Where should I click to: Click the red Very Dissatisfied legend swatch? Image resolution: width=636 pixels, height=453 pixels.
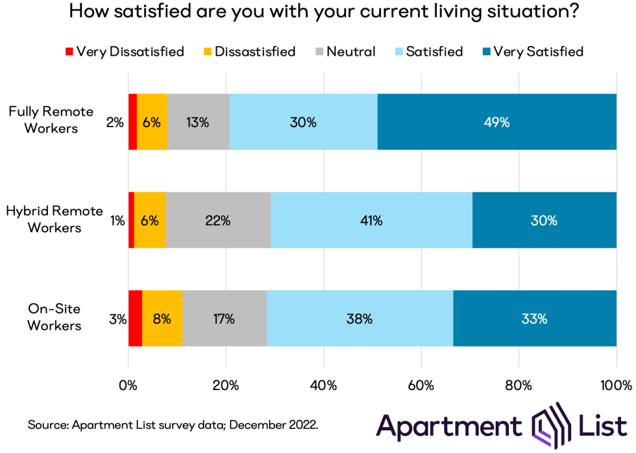coord(68,51)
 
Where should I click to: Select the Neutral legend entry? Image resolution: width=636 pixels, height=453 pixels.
coord(344,51)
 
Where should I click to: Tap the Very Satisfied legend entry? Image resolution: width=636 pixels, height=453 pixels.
coord(532,51)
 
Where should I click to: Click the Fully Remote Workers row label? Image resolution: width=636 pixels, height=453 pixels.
coord(51,120)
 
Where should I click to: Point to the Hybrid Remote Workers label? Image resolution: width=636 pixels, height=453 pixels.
coord(55,219)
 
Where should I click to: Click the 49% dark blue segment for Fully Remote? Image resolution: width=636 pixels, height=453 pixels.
coord(496,122)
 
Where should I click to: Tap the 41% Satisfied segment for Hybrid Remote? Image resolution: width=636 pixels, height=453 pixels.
coord(371,221)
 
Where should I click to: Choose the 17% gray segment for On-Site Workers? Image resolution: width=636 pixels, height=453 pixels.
coord(225,319)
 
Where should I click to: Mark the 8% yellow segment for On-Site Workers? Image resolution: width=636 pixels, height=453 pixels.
coord(162,319)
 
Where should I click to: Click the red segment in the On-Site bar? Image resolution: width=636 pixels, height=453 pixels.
coord(135,319)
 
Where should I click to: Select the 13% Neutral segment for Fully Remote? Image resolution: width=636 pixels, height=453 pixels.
coord(199,122)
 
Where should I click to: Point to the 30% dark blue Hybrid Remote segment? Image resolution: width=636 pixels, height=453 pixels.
coord(544,221)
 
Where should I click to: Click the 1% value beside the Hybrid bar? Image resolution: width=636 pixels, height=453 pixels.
coord(117,221)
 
